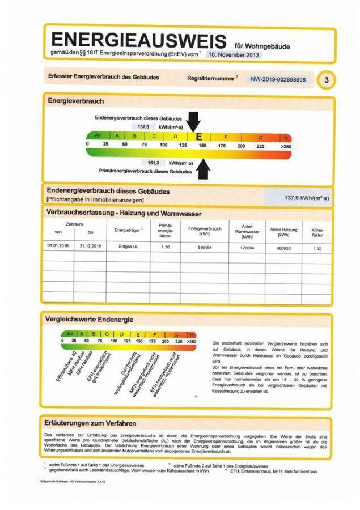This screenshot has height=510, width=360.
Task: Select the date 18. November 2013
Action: point(234,55)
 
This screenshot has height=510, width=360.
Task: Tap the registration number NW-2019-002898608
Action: point(278,80)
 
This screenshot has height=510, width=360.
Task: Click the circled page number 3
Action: point(326,80)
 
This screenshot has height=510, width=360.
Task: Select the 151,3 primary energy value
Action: point(153,162)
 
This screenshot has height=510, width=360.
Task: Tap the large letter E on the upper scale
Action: point(198,137)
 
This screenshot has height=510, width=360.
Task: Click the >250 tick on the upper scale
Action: point(285,146)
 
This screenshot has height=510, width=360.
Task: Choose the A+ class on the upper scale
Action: point(97,137)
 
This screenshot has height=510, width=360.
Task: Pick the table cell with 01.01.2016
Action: point(58,246)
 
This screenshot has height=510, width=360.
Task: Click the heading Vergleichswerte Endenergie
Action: point(86,320)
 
